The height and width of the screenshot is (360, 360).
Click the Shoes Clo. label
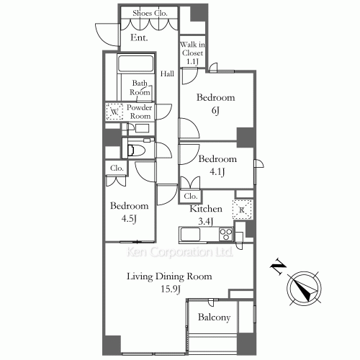point(150,13)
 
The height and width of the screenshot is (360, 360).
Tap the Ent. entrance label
point(139,37)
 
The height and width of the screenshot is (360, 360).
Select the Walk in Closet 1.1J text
point(192,53)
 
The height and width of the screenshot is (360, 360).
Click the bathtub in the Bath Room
point(135,63)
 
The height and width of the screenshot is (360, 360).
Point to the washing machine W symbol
point(114,112)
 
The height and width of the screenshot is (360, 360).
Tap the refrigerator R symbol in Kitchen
point(242,210)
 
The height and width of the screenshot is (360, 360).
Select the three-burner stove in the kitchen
point(226,234)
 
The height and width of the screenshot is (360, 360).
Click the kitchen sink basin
point(191,234)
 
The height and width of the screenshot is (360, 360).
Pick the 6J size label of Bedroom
point(215,111)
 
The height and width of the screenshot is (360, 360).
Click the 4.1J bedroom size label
point(217,171)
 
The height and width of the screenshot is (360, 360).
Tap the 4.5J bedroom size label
point(129,219)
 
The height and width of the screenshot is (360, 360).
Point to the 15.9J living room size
point(171,289)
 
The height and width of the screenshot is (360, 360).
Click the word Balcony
point(214,318)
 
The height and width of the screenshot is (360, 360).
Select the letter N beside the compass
point(279,266)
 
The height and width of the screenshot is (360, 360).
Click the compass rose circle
point(305,288)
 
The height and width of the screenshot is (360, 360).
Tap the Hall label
point(167,73)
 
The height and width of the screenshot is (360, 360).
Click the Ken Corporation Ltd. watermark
point(179,252)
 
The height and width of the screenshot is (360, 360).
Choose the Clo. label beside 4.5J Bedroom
point(117,168)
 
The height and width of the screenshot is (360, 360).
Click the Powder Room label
point(140,112)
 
